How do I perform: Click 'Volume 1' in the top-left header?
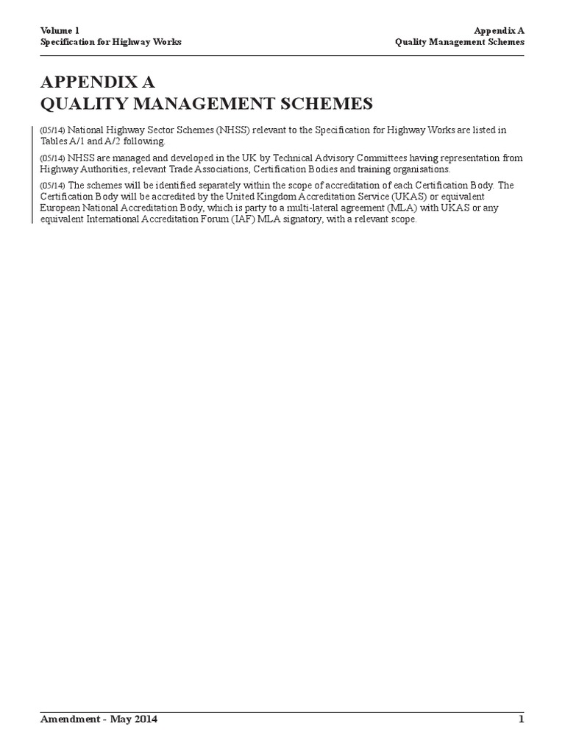(x=59, y=30)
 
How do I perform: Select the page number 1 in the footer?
(x=521, y=719)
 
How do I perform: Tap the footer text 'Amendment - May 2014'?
(x=99, y=719)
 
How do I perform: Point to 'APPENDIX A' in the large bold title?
(x=97, y=81)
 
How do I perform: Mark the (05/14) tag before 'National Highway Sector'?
(x=52, y=130)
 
